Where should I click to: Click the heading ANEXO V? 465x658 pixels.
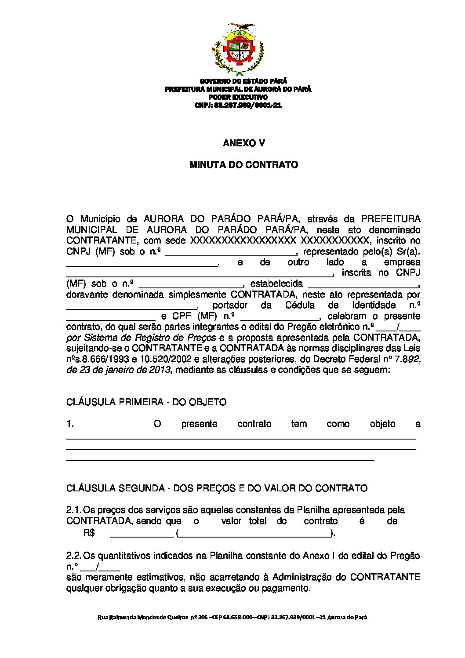point(243,143)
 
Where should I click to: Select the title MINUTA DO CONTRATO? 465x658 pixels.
point(243,165)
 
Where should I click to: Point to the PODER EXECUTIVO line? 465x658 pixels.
point(238,97)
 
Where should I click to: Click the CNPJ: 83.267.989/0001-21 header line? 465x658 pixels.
point(238,105)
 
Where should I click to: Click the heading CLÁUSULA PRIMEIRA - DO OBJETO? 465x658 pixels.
point(146,402)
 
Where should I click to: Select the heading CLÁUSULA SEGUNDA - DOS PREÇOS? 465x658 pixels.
point(217,488)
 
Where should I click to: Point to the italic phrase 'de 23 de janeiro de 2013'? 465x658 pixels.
point(118,370)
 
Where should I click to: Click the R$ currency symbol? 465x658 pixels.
point(89,533)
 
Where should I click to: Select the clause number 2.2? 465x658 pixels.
point(73,556)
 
